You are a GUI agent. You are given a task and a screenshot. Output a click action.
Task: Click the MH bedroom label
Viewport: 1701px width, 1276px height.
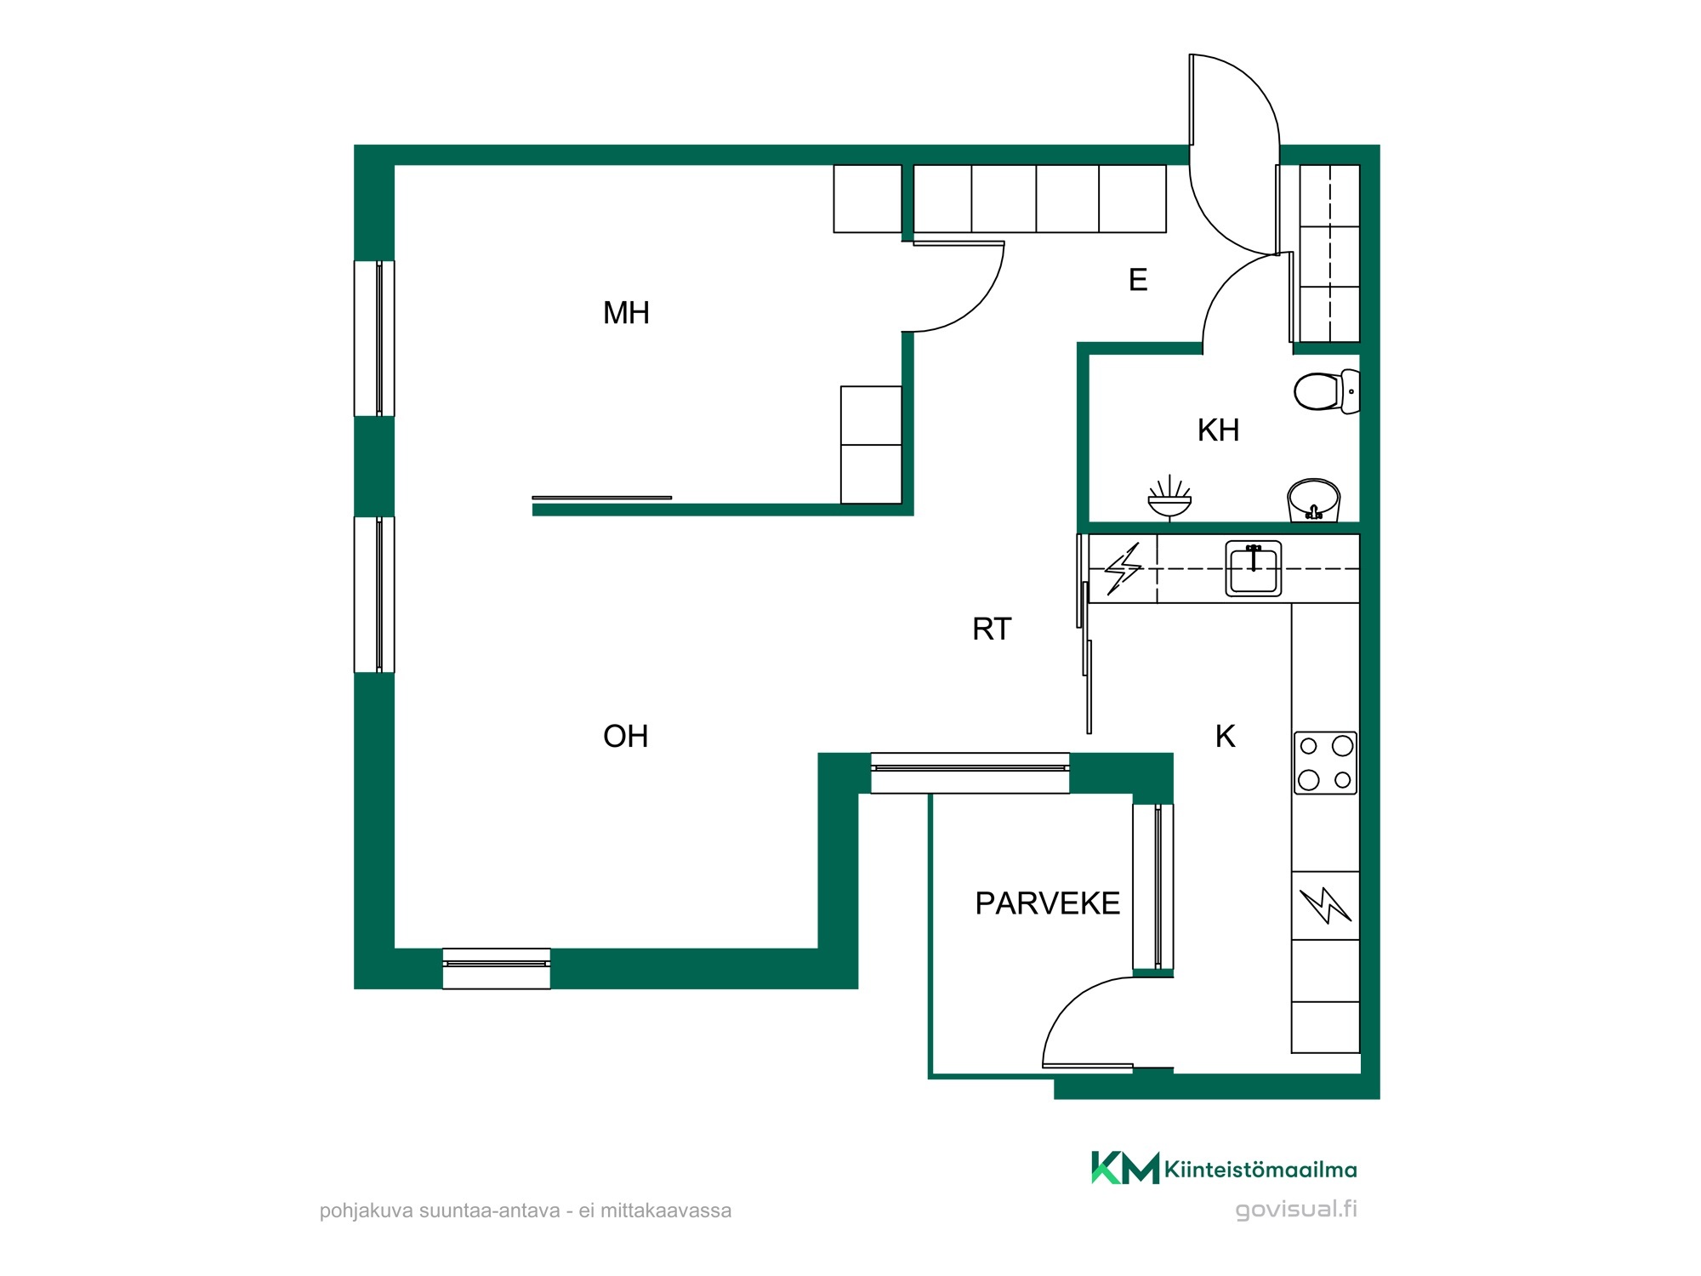point(626,313)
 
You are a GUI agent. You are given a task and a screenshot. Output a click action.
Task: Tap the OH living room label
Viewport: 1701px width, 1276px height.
point(626,736)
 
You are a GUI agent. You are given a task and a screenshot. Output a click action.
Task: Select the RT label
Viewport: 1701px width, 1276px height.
point(992,629)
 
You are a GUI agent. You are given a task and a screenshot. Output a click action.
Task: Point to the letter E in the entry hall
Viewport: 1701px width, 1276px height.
point(1138,280)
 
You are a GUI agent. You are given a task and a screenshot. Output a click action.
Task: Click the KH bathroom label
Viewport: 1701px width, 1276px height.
point(1218,430)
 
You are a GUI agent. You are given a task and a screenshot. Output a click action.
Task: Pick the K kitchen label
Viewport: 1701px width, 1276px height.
point(1225,736)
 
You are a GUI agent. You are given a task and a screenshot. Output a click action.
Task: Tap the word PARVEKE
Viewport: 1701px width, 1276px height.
point(1047,903)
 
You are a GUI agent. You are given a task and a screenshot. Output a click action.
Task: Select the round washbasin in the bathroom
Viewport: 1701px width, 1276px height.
point(1314,500)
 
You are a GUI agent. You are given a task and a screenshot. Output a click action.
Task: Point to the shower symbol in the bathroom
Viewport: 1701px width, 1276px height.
point(1169,498)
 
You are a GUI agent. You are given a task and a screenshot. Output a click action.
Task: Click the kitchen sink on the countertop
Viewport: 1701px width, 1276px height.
point(1254,568)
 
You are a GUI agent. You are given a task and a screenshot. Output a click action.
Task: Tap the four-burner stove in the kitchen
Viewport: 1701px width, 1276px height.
point(1326,763)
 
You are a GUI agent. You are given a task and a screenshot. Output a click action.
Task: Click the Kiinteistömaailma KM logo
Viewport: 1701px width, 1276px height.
point(1225,1168)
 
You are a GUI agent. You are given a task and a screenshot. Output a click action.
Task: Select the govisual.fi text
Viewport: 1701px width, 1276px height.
point(1296,1209)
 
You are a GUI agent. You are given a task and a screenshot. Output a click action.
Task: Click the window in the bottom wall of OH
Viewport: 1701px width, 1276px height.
point(497,968)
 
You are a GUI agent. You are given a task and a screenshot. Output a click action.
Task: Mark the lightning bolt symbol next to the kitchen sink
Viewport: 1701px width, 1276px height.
point(1123,568)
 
